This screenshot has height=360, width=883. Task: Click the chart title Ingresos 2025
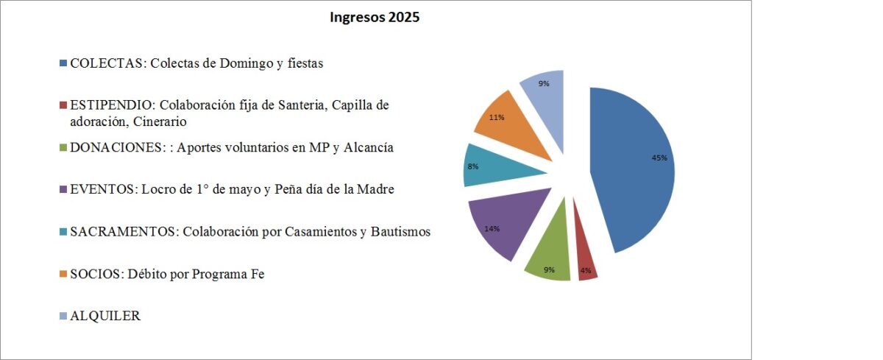(x=375, y=18)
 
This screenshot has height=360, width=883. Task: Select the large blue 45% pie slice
(x=633, y=169)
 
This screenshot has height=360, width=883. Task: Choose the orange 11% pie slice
(x=508, y=121)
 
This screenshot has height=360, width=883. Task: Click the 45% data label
(x=659, y=158)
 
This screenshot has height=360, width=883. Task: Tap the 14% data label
(x=492, y=229)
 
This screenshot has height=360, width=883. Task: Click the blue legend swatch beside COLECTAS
(x=64, y=63)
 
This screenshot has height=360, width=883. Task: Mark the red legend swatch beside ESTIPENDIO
(x=64, y=105)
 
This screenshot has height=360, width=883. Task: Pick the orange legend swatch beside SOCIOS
(x=64, y=275)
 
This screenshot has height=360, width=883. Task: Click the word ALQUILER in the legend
(x=105, y=316)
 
